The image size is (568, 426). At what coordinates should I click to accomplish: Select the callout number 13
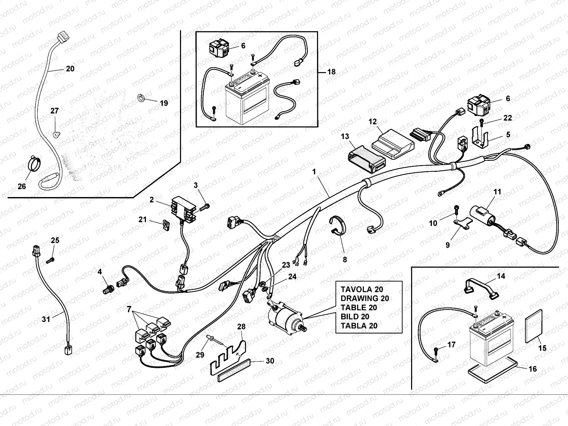pyautogui.click(x=345, y=136)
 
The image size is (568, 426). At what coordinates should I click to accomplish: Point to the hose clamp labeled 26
pyautogui.click(x=34, y=164)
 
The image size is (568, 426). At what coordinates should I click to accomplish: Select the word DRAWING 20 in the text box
pyautogui.click(x=364, y=298)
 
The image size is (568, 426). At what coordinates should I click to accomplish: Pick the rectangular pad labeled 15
pyautogui.click(x=534, y=326)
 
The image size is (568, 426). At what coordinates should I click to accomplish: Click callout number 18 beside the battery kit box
pyautogui.click(x=331, y=72)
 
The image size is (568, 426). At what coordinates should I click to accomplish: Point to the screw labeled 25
pyautogui.click(x=50, y=261)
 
